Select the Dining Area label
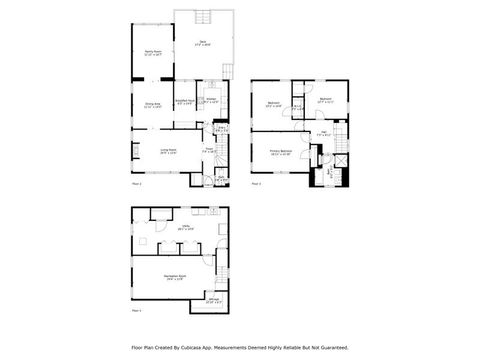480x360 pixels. [153, 106]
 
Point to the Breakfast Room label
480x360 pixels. [184, 101]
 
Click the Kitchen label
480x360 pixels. [212, 101]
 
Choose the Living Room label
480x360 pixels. [169, 151]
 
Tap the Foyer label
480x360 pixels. [211, 151]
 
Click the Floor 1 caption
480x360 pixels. [137, 185]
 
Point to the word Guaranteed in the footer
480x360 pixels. [332, 348]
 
